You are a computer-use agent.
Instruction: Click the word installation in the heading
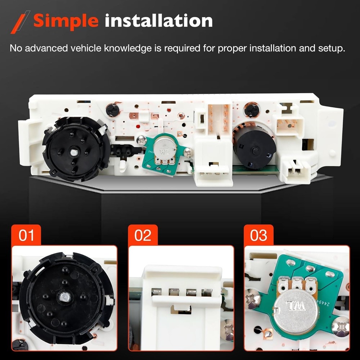click(x=159, y=21)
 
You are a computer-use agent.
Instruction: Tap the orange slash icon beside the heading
click(x=20, y=22)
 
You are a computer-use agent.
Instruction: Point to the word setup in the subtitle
click(x=331, y=49)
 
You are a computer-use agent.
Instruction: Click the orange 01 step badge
click(x=26, y=235)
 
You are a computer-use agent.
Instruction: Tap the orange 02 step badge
click(x=143, y=235)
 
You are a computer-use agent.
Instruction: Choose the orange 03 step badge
click(x=258, y=235)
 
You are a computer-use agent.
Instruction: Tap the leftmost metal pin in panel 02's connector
click(x=156, y=292)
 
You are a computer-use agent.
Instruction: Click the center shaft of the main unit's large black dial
click(x=74, y=152)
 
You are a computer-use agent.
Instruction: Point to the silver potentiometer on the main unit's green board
click(x=165, y=147)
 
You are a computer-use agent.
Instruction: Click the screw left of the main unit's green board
click(x=141, y=140)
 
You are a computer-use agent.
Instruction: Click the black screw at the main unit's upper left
click(x=113, y=110)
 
